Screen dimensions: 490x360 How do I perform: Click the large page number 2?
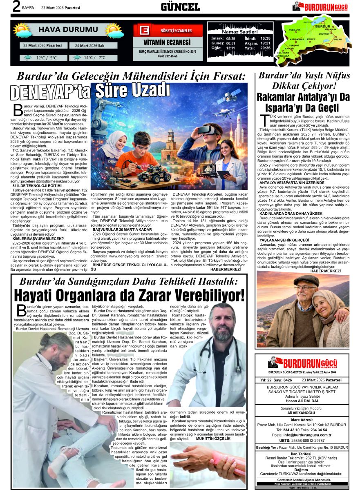[x=16, y=7]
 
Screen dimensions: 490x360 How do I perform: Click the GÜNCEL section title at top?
[x=180, y=7]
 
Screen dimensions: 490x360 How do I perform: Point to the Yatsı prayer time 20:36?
[x=265, y=48]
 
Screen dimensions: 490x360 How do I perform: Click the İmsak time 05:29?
[x=230, y=38]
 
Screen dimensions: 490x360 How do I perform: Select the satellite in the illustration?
[x=228, y=98]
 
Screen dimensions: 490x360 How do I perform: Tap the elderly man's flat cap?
[x=306, y=280]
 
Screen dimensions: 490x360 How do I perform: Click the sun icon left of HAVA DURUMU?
[x=22, y=30]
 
